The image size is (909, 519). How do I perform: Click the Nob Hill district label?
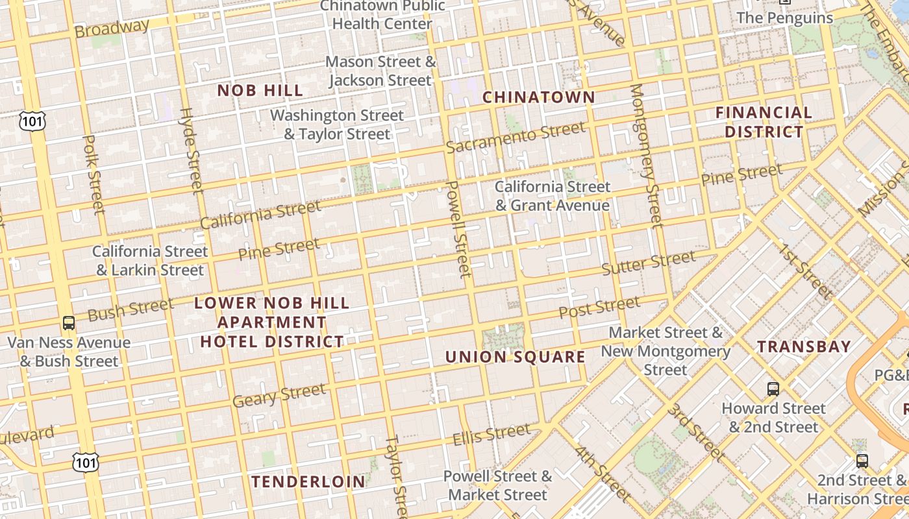click(260, 90)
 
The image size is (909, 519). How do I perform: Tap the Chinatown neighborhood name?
click(538, 97)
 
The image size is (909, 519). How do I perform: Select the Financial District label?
click(764, 122)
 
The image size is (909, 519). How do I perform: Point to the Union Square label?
click(515, 357)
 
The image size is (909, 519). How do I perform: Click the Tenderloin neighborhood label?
click(308, 481)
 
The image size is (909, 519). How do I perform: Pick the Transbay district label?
click(804, 346)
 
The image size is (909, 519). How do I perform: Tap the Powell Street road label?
click(458, 229)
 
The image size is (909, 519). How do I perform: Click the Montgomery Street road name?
click(647, 156)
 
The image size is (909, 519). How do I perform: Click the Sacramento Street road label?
click(516, 138)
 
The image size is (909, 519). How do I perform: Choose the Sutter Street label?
click(648, 263)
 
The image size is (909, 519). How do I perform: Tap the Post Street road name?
click(599, 308)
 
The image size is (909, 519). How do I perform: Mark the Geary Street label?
click(279, 395)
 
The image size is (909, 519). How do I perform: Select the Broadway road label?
click(111, 28)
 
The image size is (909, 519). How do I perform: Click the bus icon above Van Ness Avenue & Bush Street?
click(68, 322)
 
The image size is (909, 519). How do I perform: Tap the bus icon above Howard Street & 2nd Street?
click(773, 389)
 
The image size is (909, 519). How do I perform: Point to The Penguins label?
click(784, 18)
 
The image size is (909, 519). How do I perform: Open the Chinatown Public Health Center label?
click(382, 15)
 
